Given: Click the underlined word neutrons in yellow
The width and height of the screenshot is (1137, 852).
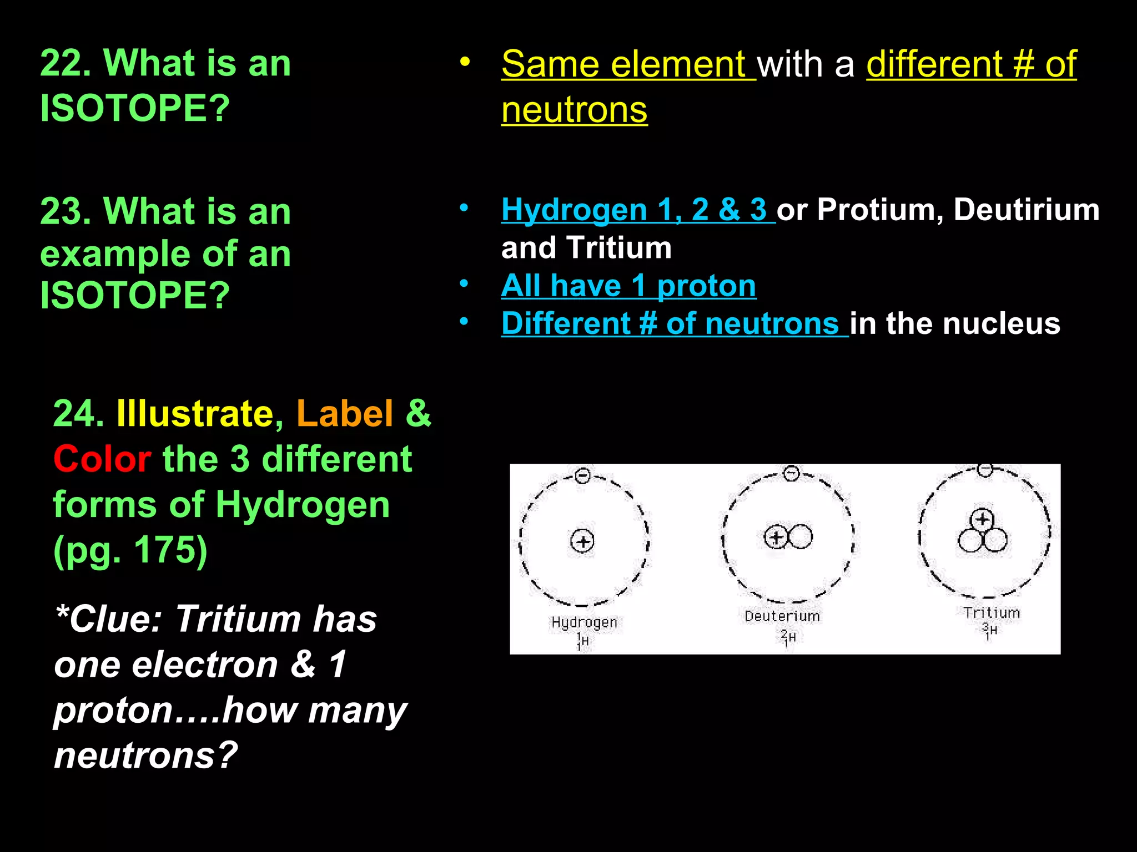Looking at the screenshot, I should (574, 110).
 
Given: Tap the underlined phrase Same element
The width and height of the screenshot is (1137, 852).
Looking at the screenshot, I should (627, 64).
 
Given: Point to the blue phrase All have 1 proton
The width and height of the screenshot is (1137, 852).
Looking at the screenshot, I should (628, 286).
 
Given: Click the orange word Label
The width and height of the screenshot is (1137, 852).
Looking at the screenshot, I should (345, 414).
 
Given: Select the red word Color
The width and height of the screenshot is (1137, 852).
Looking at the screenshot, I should (102, 459).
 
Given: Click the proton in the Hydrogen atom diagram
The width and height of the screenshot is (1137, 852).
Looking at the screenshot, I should (582, 541).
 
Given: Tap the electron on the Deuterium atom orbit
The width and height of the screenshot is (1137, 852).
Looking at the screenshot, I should (791, 473).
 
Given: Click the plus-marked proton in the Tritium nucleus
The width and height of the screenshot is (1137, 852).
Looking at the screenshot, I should (982, 520).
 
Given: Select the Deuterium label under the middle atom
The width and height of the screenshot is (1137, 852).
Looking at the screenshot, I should (782, 616).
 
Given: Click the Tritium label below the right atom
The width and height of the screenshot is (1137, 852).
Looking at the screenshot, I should (992, 613).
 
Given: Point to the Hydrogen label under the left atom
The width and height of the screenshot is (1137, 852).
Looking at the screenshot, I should (584, 622).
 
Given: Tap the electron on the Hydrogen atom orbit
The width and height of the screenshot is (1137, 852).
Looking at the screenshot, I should (582, 475).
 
